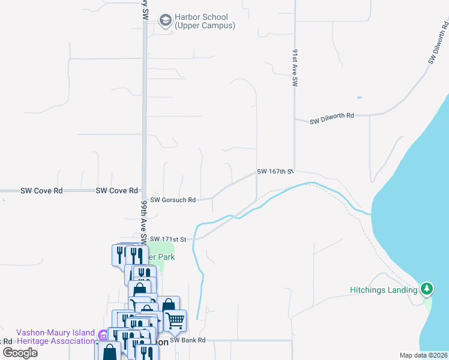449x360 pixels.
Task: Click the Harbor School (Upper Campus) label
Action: coord(205,22)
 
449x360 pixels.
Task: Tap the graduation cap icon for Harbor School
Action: coord(164,21)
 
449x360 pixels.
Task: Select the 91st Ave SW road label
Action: coord(295,70)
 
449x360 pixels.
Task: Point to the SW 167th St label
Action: coord(274,172)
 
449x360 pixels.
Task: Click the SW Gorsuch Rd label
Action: coord(173,200)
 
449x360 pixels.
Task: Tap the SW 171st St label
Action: coord(169,239)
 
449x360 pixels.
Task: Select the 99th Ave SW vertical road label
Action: coord(144,220)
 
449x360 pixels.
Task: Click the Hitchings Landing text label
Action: coord(383,290)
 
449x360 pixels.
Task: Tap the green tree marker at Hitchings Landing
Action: coord(427,289)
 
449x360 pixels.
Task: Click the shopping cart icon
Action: coord(175,320)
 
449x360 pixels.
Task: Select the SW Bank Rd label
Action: coord(188,340)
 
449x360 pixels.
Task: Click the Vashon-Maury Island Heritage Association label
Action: coord(55,337)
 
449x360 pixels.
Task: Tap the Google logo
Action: coord(20,352)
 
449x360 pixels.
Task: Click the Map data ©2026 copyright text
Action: coord(424,355)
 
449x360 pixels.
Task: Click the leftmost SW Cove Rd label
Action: coord(41,191)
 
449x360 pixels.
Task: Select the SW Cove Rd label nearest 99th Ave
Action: coord(116,191)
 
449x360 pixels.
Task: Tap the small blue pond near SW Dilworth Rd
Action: coord(359,97)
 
